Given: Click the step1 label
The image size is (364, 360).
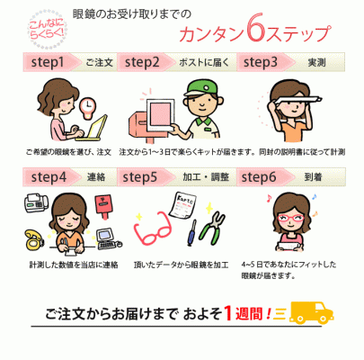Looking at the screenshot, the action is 48,62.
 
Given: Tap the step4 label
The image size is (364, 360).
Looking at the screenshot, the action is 49,177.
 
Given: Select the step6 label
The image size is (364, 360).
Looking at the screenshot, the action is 259,177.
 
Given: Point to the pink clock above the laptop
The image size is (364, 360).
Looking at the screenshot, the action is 87,107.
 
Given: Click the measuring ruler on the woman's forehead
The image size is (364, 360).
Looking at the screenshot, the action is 298,100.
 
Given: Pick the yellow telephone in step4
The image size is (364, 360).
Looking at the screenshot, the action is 33,240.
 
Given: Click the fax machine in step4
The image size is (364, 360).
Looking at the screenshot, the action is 36,202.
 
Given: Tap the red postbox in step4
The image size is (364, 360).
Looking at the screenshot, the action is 103,206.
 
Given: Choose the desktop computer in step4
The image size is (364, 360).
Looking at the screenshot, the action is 109,239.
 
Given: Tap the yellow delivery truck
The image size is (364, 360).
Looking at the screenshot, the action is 311,313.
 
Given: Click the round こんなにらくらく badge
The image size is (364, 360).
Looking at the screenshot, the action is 47,30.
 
